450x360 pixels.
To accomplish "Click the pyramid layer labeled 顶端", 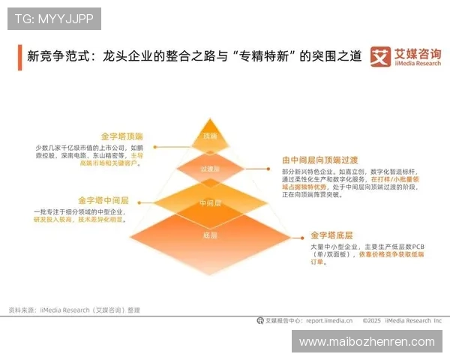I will pyautogui.click(x=209, y=136).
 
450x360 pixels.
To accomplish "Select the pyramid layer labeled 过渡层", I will pyautogui.click(x=209, y=169).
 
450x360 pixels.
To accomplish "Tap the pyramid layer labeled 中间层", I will pyautogui.click(x=209, y=203).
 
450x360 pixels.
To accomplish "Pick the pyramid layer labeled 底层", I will pyautogui.click(x=209, y=235).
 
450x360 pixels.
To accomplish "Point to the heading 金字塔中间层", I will pyautogui.click(x=104, y=201).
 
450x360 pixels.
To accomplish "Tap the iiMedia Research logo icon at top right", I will pyautogui.click(x=381, y=57).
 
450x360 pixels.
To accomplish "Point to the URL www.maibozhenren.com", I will pyautogui.click(x=367, y=341).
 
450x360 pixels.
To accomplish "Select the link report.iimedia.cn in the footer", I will pyautogui.click(x=331, y=320).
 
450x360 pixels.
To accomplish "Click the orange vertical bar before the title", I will pyautogui.click(x=19, y=56).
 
